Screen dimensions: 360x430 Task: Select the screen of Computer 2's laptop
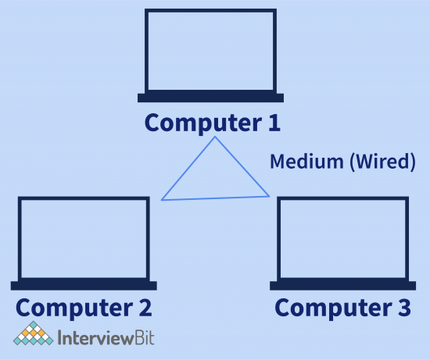point(84,237)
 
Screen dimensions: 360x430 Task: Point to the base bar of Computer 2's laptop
point(84,284)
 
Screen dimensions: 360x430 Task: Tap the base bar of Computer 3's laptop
point(342,284)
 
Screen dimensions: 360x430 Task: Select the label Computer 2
point(84,307)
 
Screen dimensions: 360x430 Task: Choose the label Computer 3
point(342,307)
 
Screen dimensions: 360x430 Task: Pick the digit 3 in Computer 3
point(403,307)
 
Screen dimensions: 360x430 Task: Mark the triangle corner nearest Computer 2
point(162,200)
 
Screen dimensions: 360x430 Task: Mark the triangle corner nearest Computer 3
point(269,196)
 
